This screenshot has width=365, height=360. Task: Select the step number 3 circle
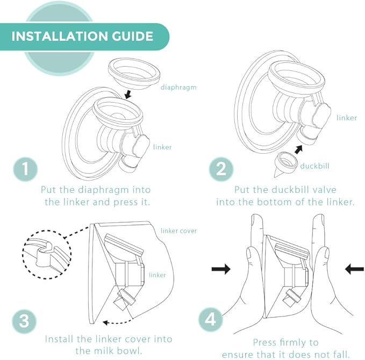click(x=24, y=321)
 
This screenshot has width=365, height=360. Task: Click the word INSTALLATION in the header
click(x=58, y=37)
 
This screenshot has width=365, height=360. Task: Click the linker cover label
click(x=179, y=231)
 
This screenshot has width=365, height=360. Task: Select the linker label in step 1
click(x=162, y=147)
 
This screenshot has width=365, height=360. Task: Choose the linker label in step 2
click(x=347, y=117)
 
